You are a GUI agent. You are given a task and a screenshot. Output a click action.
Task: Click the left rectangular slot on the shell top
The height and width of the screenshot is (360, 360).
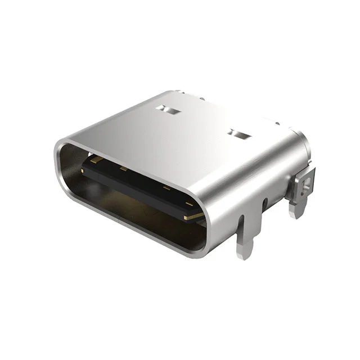(168, 109)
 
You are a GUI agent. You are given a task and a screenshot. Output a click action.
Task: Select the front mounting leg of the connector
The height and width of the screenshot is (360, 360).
(245, 236)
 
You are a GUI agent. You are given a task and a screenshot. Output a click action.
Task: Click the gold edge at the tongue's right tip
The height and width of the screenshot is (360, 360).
(194, 214)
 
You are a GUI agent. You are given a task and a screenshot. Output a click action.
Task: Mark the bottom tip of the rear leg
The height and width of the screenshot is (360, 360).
(295, 215)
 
